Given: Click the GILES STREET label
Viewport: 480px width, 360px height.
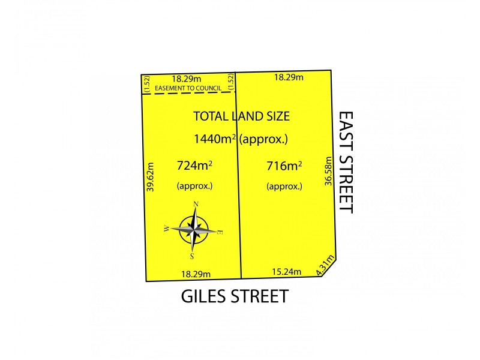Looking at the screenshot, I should [235, 296].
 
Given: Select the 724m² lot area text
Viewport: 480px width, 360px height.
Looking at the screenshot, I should [194, 165].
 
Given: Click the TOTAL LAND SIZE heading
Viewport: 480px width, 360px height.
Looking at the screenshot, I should [241, 116].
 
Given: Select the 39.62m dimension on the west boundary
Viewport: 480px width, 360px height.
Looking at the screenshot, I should [151, 177].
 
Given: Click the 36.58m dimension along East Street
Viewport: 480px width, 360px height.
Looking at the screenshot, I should [328, 172].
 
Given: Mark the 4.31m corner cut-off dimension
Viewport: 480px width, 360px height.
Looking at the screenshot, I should [326, 266].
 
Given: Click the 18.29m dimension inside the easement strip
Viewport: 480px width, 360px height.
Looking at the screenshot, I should [187, 78].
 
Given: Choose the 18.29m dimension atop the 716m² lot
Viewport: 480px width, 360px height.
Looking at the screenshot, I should [289, 77].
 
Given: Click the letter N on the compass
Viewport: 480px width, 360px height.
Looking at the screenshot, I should [196, 204].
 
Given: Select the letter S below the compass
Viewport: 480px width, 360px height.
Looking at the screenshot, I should [192, 256].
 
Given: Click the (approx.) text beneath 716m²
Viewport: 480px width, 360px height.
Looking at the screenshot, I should [284, 186].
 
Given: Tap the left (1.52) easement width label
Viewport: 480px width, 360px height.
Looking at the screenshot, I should [145, 83].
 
